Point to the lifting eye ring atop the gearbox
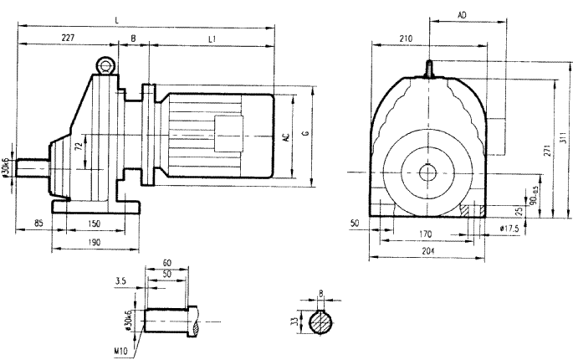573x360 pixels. coord(105,64)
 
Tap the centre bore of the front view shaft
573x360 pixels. coord(429,172)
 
